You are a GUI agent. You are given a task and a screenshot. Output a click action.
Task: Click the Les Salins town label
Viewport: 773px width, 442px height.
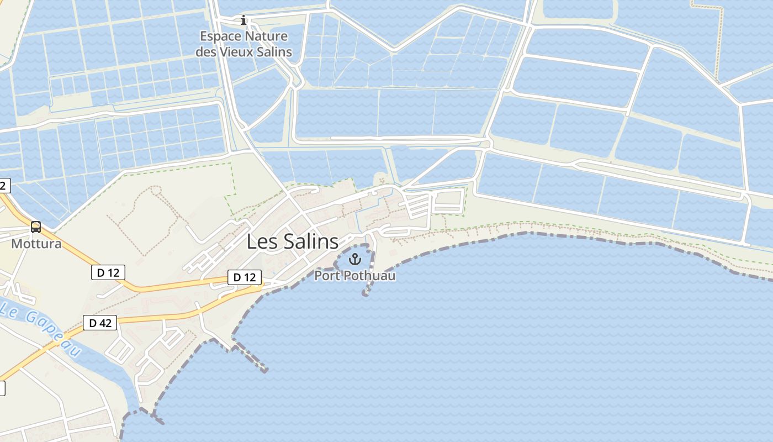pos(292,241)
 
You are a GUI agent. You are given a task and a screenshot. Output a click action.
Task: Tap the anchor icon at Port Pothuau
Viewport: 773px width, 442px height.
pos(354,259)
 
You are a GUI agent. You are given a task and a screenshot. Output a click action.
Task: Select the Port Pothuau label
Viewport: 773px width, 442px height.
pos(355,275)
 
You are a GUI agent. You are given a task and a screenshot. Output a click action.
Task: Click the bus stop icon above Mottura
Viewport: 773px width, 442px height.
pos(36,227)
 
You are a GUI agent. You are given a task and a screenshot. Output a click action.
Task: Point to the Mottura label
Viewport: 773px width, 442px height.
pos(36,243)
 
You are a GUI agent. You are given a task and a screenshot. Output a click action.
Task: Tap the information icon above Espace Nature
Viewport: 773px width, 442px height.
pos(243,21)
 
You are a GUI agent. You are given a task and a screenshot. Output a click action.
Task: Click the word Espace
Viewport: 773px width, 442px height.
pos(220,36)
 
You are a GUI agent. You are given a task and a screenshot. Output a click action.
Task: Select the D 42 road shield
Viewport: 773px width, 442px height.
pos(100,323)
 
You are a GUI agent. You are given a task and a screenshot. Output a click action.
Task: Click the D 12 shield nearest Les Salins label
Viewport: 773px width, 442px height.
pos(245,277)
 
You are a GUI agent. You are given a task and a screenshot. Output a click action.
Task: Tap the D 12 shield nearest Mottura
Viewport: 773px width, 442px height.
pos(108,272)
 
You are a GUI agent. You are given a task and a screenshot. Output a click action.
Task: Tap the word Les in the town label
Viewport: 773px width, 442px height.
pos(259,241)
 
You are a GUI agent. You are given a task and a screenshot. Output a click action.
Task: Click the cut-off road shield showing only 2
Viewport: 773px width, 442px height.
pos(4,185)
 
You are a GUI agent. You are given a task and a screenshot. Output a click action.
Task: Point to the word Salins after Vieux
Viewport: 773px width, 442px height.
pos(274,52)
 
